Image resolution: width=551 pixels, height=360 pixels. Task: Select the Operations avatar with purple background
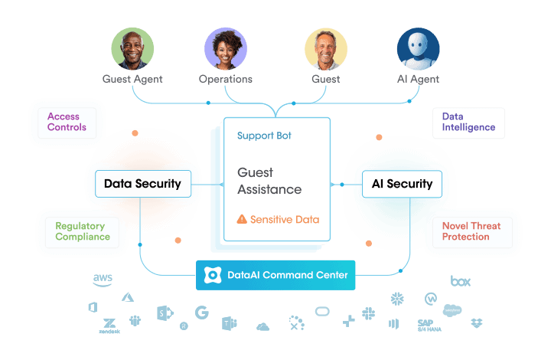pos(226,49)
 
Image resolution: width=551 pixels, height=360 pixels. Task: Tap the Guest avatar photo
pos(326,49)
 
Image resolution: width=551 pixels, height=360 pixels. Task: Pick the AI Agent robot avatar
pos(418,49)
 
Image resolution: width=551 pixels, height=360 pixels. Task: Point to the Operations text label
pos(226,79)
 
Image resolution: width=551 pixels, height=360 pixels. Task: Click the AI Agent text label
pos(418,79)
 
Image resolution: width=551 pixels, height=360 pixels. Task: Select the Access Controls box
pos(67,122)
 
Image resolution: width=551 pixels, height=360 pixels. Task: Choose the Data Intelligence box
pos(468,123)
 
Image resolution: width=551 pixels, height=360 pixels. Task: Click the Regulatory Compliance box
pos(82,231)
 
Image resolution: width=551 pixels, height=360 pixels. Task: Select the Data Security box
pos(142,184)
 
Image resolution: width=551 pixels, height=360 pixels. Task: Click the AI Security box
pos(402,184)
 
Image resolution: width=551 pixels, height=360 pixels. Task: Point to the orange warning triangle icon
pos(242,220)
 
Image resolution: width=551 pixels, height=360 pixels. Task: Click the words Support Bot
pos(264,136)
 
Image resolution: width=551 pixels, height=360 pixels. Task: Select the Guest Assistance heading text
pos(269,182)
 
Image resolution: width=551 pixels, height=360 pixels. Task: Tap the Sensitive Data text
pos(285,220)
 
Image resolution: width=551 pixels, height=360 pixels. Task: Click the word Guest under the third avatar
pos(326,79)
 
